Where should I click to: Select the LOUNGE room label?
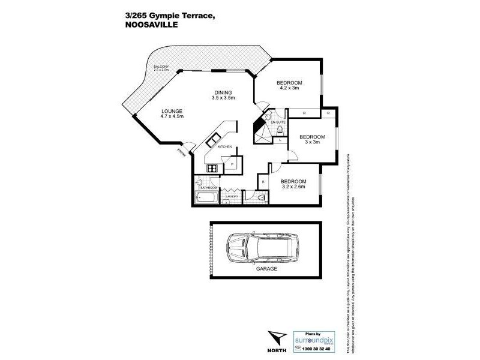[172, 111]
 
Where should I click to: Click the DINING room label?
[224, 92]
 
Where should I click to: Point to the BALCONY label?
[160, 67]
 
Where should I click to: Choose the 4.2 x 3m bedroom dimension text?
[289, 88]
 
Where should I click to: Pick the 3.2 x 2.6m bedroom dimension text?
[293, 187]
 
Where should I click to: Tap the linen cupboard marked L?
[281, 140]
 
